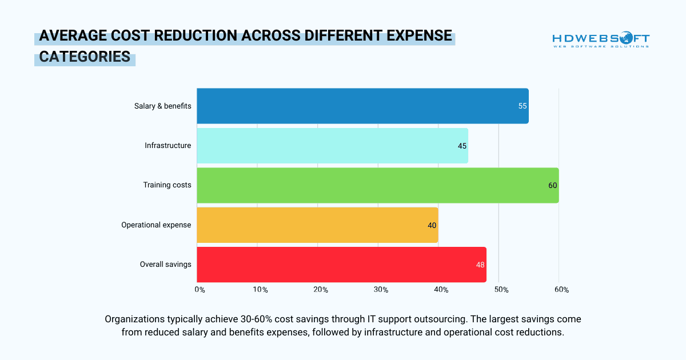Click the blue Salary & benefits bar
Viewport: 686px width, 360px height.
tap(362, 106)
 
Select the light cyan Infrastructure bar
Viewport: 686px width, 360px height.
tap(332, 146)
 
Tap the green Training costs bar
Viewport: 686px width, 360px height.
tap(377, 185)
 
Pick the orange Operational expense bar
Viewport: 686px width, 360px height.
tap(317, 225)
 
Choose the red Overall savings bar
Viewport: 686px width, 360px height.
tap(341, 265)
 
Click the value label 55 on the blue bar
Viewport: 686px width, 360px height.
tap(523, 106)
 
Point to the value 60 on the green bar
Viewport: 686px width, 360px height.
tap(553, 185)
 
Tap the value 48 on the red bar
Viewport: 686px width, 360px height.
tap(480, 265)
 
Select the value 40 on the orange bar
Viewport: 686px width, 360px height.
tap(432, 225)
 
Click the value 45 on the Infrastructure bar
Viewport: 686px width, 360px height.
tap(462, 146)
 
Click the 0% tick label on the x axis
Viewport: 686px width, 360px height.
tap(200, 290)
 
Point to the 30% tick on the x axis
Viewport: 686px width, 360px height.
tap(381, 290)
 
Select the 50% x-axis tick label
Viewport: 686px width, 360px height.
tap(501, 290)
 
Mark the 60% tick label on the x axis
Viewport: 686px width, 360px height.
tap(561, 290)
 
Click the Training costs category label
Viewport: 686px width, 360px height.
tap(167, 185)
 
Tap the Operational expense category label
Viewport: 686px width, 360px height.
tap(156, 225)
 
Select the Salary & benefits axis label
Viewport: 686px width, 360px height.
tap(162, 106)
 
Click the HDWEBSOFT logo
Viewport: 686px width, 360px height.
tap(601, 40)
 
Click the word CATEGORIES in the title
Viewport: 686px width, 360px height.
tap(85, 57)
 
